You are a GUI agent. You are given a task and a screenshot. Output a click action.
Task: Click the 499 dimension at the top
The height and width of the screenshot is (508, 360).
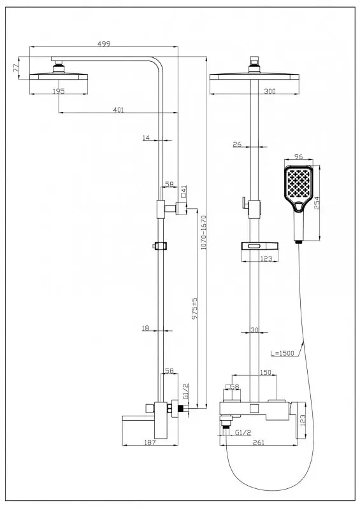coord(104,44)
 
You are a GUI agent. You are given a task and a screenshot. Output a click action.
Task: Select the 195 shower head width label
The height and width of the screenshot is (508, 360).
coord(59,91)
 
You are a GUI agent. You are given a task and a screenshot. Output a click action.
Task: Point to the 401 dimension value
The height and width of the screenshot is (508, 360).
coord(119,110)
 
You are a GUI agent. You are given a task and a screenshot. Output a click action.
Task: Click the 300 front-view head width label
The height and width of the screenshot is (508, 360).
coord(270,91)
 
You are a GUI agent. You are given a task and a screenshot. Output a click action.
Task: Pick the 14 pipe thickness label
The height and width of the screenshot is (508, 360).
coord(146,138)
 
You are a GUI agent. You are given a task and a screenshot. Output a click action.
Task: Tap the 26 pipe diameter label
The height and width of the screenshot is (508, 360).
coord(237,144)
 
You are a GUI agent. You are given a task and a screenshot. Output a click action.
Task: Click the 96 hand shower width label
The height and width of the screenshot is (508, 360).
coord(298,157)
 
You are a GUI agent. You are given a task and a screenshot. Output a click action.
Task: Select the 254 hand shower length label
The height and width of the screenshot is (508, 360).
coord(317,203)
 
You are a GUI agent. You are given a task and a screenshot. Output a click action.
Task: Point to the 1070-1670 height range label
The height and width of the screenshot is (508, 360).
coord(204,232)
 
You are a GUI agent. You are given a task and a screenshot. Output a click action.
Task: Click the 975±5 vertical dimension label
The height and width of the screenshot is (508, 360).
coord(194,308)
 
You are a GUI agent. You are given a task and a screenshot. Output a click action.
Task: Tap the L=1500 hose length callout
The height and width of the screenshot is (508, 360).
coord(282,353)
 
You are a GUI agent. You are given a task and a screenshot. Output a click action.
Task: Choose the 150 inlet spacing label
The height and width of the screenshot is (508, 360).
coord(266,372)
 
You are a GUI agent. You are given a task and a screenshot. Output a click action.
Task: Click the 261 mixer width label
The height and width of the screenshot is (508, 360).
coord(258,442)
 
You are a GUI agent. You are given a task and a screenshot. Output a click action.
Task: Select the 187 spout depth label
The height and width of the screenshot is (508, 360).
coord(150,442)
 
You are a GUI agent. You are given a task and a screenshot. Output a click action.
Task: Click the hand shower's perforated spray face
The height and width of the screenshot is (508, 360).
coord(299,183)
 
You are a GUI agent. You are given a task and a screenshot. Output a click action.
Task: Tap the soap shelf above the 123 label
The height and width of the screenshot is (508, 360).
coord(261,246)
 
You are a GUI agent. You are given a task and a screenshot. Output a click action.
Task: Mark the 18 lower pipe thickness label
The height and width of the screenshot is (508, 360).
coord(146,328)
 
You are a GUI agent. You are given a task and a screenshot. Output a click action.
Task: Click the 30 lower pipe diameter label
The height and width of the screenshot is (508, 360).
coord(255,330)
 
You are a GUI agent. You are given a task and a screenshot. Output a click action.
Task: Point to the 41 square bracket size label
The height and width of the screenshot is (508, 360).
coord(184,192)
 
